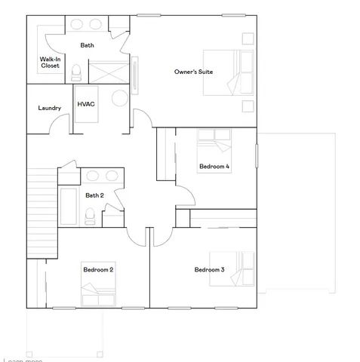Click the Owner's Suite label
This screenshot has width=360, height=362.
pos(193,72)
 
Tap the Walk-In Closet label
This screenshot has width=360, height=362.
pos(51,62)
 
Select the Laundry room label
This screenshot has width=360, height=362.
pos(50,108)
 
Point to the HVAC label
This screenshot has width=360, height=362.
pos(86,103)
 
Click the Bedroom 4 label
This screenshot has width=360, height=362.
pos(214,166)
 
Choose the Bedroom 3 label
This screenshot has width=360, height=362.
pos(209,269)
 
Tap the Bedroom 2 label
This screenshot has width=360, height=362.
pos(98,269)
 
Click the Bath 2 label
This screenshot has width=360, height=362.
pos(94,195)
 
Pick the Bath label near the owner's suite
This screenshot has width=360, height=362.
pos(88,45)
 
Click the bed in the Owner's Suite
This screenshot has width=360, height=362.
pos(229,72)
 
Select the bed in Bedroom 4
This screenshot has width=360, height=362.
pos(215,143)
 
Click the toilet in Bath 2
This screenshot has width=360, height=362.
pos(90,216)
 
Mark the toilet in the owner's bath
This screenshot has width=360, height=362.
pos(76,73)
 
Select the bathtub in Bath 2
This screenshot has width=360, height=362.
pos(68,207)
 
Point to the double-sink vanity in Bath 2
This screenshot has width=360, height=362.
pos(102,176)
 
